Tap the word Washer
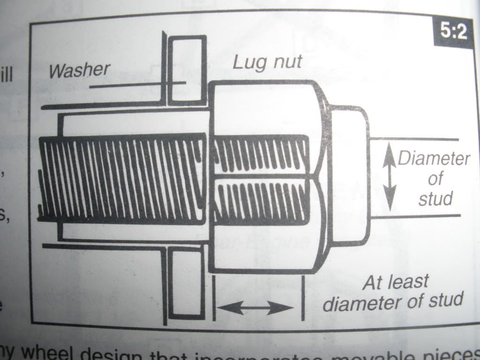click(79, 70)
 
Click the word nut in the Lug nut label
click(284, 62)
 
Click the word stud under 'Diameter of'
click(435, 199)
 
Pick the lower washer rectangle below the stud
click(187, 283)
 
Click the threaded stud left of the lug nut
click(122, 180)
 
